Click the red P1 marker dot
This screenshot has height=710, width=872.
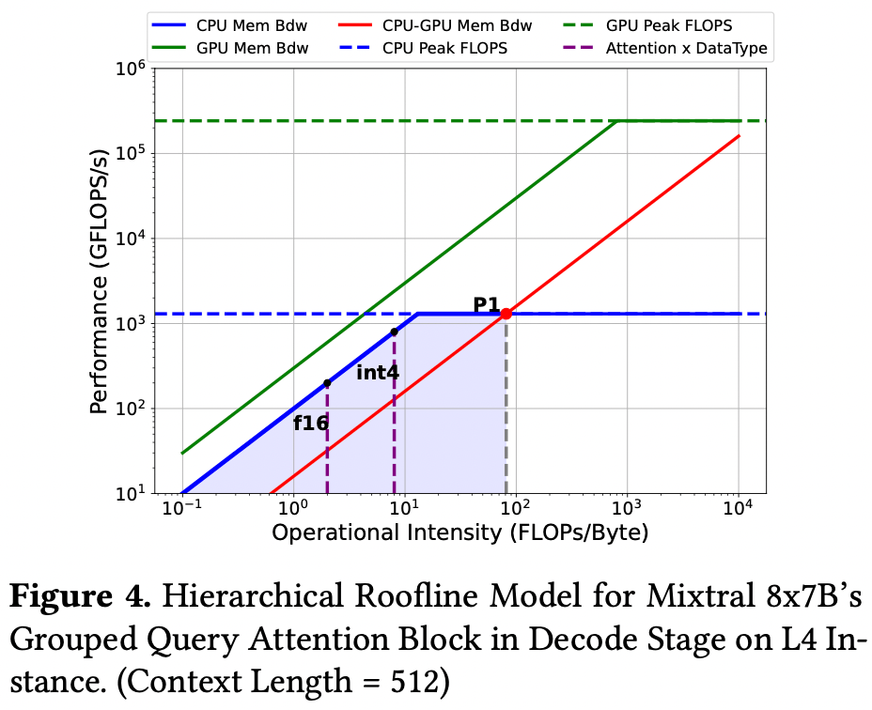(506, 314)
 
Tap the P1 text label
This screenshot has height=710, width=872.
(486, 304)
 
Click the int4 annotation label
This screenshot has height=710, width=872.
(378, 372)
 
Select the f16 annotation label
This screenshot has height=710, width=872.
(311, 423)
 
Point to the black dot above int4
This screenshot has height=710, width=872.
(394, 332)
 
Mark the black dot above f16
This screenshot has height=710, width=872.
(327, 383)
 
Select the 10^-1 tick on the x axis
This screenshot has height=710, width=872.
(180, 510)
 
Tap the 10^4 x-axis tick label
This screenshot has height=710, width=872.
(738, 510)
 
